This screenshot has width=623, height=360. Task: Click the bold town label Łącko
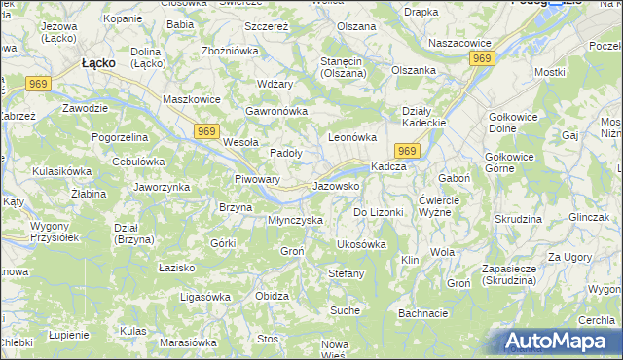point(98,62)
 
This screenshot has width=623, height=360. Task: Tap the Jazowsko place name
point(337,185)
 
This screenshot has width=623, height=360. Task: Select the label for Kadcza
point(388,166)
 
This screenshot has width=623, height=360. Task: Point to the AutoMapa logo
point(558,342)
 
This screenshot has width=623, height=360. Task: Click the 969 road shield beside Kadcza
point(407,150)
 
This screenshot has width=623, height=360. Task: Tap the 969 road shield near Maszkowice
point(205,131)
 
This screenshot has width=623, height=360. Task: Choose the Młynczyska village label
point(295,220)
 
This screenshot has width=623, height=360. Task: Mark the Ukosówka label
point(361,244)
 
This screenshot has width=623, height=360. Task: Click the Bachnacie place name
point(422,313)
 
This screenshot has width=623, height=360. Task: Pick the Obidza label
point(272,296)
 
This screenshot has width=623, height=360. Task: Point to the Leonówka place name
point(351,138)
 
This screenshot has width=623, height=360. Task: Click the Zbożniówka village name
point(230,50)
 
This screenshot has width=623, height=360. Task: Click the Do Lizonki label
point(377,212)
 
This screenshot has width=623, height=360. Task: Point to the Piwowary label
point(258,180)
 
